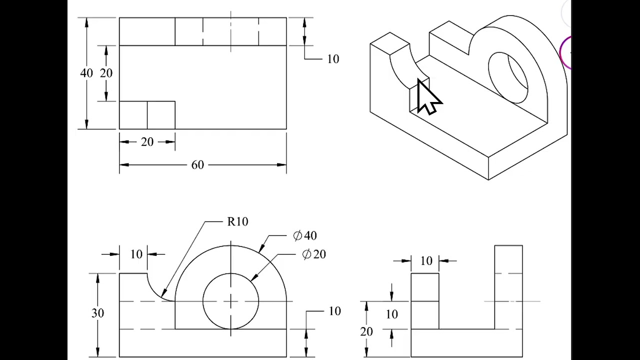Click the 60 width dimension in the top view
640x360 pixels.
197,165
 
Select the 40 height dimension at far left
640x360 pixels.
86,73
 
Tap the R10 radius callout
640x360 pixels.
237,221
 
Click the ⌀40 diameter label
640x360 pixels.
305,235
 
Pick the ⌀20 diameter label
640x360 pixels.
314,254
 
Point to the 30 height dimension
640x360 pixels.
97,313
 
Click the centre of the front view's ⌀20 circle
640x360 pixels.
230,301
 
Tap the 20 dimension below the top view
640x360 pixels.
147,142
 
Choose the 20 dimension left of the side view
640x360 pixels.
366,331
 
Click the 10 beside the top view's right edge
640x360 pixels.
333,59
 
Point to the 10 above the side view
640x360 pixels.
426,261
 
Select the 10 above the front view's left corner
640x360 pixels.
136,254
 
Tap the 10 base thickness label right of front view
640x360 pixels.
334,311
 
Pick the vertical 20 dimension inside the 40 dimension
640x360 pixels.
106,73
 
